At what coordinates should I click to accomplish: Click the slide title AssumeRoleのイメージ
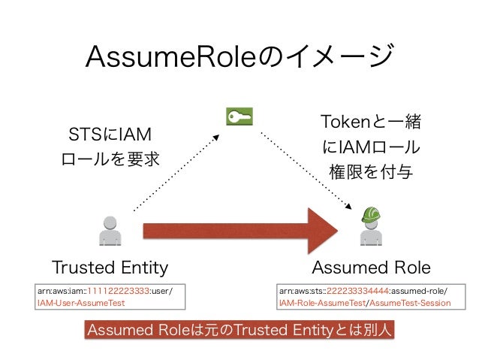click(239, 55)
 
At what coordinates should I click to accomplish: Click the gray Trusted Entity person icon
click(110, 231)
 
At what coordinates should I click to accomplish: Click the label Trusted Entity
click(110, 268)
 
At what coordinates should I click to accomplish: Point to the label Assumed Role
click(371, 268)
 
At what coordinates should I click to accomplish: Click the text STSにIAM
click(110, 135)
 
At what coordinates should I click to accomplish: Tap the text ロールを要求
click(110, 160)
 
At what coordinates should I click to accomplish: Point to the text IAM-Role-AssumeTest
click(321, 304)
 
